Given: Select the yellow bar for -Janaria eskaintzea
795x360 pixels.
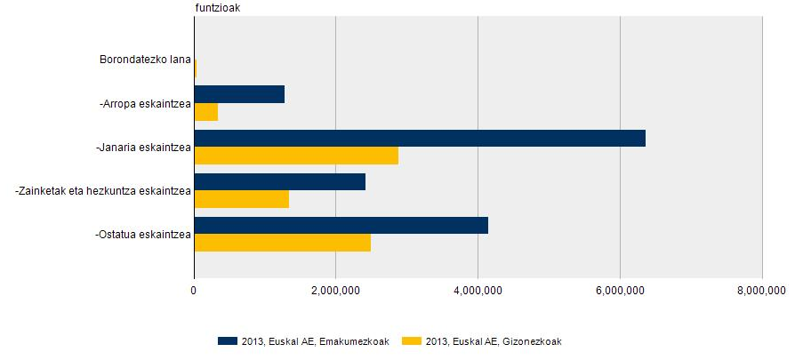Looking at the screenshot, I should pos(296,156).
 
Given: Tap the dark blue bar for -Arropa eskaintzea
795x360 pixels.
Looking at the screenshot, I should pos(239,94).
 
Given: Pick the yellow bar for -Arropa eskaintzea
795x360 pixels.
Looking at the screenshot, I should pos(206,112).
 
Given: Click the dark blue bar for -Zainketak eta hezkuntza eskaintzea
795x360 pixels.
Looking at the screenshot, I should pos(280,181).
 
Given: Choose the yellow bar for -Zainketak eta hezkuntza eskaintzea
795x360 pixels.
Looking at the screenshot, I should pos(242,199).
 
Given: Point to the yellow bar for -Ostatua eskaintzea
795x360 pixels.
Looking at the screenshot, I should pos(283,243).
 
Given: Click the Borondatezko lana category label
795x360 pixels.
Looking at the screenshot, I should pos(145,60).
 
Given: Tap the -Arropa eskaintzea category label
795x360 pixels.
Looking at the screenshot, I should pos(146,104).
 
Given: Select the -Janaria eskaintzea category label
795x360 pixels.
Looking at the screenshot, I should pos(143,148).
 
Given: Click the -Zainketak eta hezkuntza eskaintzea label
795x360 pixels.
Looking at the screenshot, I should pos(103,191).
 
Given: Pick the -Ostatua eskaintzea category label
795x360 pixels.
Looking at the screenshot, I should pos(143,235).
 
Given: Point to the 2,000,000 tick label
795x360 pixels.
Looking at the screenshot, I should pos(335,290).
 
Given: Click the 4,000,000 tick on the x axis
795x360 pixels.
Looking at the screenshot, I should pos(478,290).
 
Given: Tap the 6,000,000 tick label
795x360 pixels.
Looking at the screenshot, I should pos(620,290).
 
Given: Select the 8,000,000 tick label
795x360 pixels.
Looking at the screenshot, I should pos(762,290).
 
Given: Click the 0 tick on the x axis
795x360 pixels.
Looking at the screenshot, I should pos(194,290).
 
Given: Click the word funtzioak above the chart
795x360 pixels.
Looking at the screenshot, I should pos(217,7).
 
